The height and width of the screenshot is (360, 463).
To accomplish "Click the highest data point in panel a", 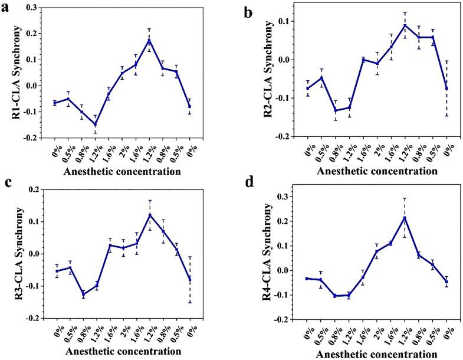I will [x=150, y=40].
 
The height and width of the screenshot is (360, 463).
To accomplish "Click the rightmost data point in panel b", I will [x=446, y=89].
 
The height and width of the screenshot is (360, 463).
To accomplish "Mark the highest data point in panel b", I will [x=405, y=25].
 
